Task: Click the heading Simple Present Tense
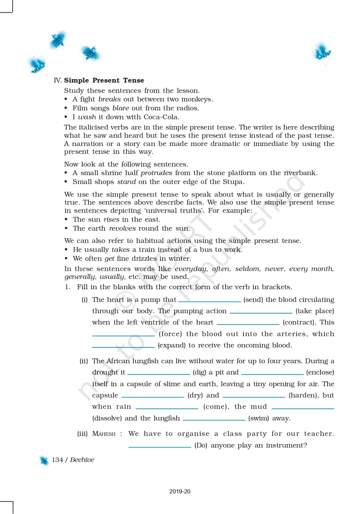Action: [104, 80]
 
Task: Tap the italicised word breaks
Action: [109, 99]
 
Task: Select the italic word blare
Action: [121, 108]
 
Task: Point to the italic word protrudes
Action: [156, 173]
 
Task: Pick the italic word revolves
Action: [122, 228]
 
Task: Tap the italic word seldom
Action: [247, 269]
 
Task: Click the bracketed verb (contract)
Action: [299, 322]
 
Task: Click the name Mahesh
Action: [104, 434]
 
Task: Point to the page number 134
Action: [57, 460]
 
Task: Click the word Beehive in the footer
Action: [82, 460]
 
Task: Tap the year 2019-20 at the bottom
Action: [180, 491]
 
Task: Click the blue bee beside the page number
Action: [44, 461]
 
